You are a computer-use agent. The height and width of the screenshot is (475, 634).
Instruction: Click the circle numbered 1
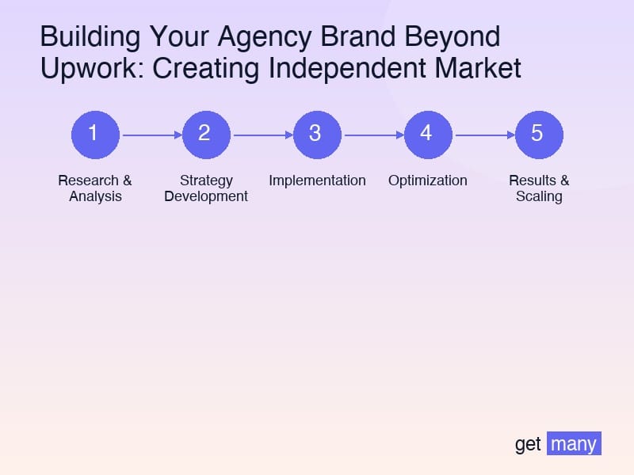coord(95,135)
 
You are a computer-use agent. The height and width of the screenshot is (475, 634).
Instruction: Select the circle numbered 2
coord(206,135)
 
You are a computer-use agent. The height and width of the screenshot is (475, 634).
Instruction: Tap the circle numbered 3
coord(317,135)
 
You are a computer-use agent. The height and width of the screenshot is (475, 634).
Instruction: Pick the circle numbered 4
coord(428,135)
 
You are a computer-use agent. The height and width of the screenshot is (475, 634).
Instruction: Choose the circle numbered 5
coord(539,135)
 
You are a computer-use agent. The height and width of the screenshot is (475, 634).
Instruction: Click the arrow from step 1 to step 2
coord(151,135)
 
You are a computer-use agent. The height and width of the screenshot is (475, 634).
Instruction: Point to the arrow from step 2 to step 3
coord(262,135)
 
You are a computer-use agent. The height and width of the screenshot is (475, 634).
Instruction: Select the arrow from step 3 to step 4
coord(372,135)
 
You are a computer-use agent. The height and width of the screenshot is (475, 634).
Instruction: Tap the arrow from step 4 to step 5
coord(483,135)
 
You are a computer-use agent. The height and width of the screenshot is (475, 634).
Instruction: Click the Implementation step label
coord(317,180)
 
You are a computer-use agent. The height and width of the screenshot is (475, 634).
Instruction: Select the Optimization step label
coord(428,180)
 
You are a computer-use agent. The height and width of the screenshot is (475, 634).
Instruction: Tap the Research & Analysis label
coord(95,188)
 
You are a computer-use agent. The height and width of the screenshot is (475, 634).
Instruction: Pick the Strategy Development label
coord(206,188)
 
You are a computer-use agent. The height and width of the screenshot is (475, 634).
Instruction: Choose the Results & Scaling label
coord(539,188)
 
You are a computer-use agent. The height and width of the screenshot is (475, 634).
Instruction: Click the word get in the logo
coord(528,444)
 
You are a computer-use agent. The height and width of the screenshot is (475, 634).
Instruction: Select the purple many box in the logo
coord(574,443)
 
